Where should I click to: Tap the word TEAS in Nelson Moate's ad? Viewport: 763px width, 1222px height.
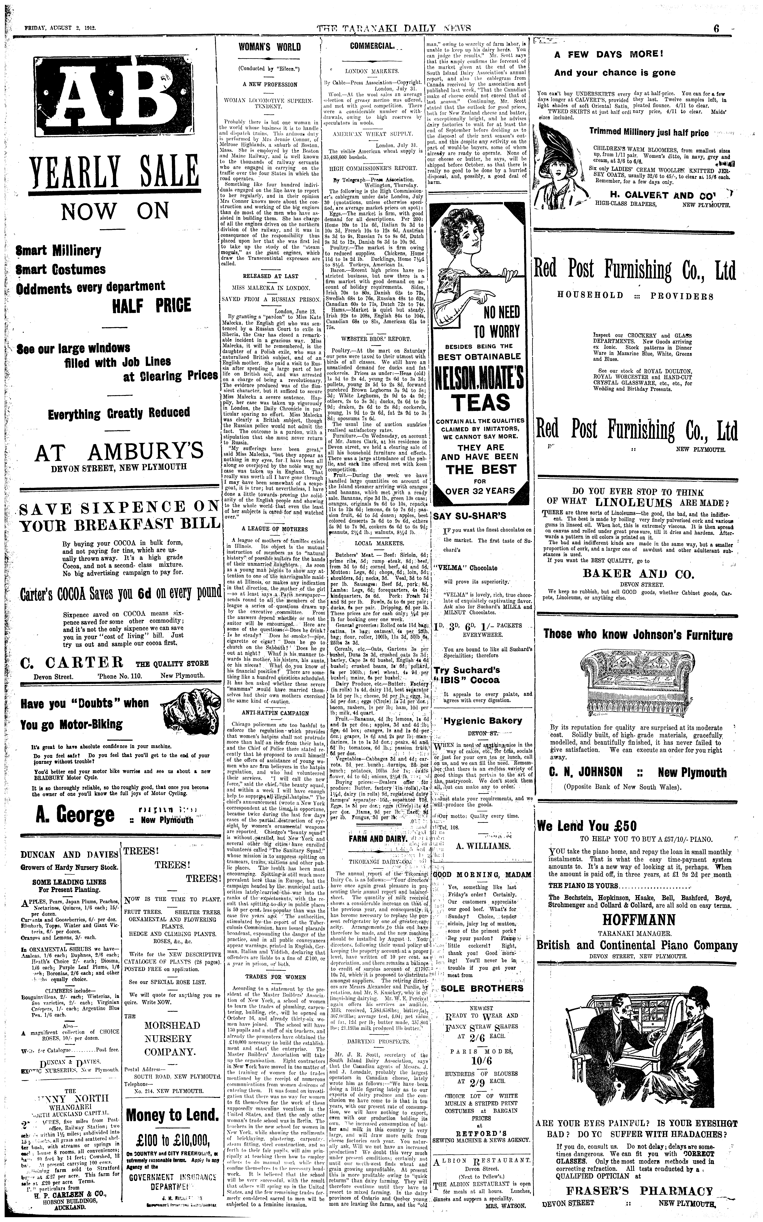481,402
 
